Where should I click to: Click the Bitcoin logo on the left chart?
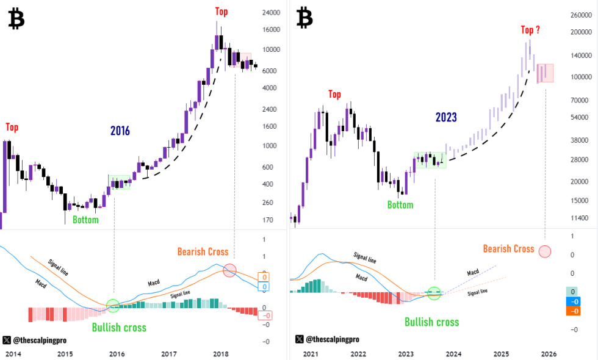16,20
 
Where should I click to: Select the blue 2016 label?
120,130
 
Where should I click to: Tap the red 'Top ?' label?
530,29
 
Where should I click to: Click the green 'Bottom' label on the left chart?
85,220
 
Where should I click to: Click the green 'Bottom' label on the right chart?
400,204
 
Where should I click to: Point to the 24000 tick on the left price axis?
270,12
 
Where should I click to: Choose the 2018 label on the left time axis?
221,354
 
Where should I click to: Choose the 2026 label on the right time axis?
549,354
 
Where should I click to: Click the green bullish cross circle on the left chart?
113,306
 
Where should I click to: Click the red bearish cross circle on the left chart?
229,270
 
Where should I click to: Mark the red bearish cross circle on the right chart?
545,251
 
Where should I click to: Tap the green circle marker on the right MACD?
434,293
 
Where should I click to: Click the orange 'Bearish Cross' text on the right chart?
508,248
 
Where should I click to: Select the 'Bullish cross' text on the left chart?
119,328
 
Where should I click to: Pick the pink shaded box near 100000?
545,73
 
